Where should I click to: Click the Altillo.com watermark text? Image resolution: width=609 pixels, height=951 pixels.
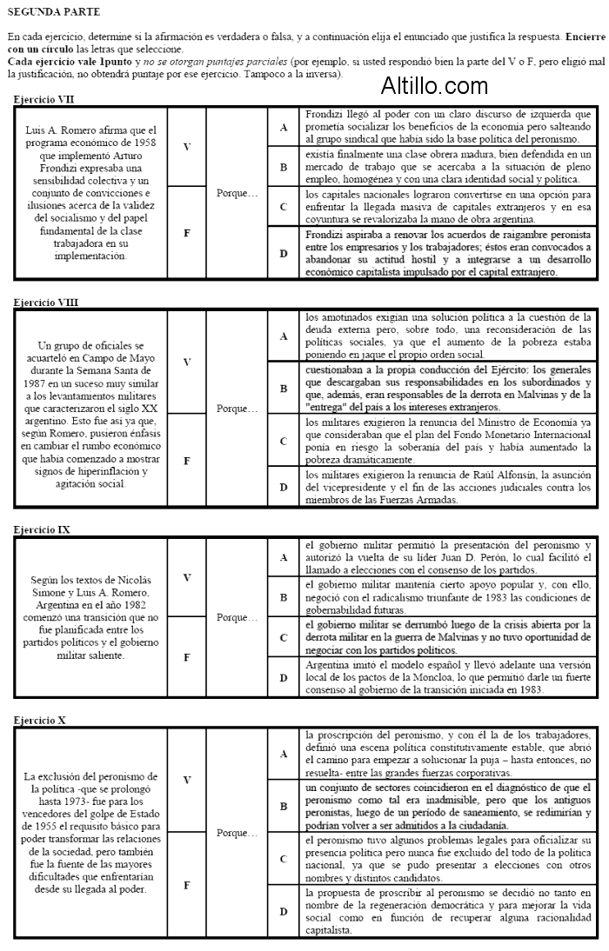pos(434,85)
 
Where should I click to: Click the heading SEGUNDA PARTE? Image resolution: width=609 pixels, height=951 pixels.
pos(53,12)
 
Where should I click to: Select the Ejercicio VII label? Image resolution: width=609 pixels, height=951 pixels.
pos(43,100)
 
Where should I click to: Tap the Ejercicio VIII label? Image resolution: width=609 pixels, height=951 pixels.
pos(45,303)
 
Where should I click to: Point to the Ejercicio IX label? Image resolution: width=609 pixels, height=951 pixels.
pos(42,529)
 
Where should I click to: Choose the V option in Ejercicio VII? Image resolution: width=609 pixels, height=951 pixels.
pos(186,147)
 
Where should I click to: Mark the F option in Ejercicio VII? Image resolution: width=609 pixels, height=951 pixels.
pos(186,234)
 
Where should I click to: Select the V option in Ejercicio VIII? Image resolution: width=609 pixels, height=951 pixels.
pos(186,361)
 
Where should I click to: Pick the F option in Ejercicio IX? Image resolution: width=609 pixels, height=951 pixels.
pos(186,657)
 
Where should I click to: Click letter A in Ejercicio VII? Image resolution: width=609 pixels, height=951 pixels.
pos(283,128)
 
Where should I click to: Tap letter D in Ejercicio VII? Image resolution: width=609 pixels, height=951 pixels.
pos(283,254)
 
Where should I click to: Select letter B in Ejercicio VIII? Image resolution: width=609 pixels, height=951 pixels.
pos(283,389)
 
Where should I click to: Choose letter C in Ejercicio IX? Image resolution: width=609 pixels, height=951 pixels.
pos(283,637)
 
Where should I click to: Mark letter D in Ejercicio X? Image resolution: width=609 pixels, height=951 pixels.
pos(283,912)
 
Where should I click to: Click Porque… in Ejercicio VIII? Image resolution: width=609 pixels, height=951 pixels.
pos(237,408)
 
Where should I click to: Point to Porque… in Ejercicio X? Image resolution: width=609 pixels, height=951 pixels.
pos(237,833)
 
